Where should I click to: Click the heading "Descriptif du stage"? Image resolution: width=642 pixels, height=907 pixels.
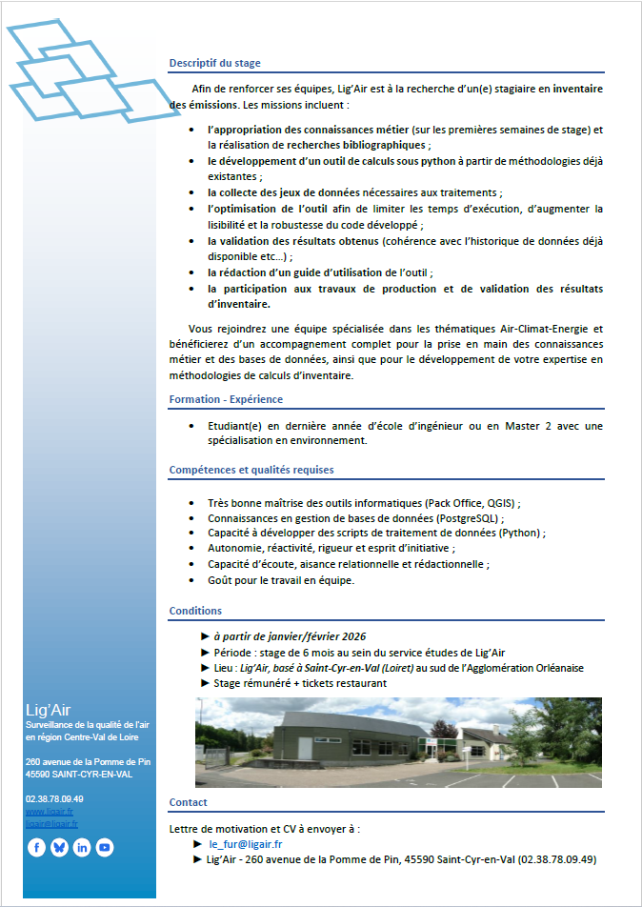tap(214, 63)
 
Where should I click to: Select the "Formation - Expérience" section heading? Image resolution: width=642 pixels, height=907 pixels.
tap(226, 399)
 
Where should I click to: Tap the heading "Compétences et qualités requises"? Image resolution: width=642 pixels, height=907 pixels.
tap(251, 470)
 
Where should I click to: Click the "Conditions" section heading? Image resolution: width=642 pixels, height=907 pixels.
tap(195, 611)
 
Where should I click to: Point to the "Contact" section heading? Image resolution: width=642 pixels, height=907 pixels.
tap(188, 802)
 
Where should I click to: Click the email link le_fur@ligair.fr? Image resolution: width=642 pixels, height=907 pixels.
tap(246, 844)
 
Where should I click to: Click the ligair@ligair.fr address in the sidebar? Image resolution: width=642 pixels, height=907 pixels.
tap(52, 824)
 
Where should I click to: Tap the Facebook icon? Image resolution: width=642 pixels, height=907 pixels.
tap(37, 847)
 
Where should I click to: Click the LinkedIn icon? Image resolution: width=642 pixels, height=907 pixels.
tap(82, 847)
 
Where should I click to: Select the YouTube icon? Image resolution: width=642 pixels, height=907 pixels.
tap(105, 847)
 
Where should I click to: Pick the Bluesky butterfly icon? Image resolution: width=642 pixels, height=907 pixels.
tap(59, 847)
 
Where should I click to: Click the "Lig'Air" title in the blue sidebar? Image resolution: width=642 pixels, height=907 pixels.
tap(48, 710)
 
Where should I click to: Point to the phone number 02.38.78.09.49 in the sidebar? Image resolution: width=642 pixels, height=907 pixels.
tap(54, 798)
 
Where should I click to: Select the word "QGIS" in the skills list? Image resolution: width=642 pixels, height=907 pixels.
tap(500, 503)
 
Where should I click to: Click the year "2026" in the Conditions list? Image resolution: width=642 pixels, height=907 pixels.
tap(353, 636)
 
